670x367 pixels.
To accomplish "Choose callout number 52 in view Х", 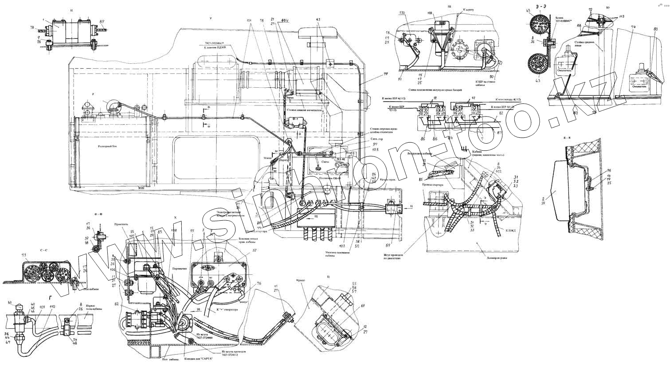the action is [241, 251].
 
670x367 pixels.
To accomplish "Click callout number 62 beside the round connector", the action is [116, 305].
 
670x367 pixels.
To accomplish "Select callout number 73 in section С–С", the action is [24, 256].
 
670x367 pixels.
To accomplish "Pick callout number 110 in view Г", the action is [52, 307].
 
